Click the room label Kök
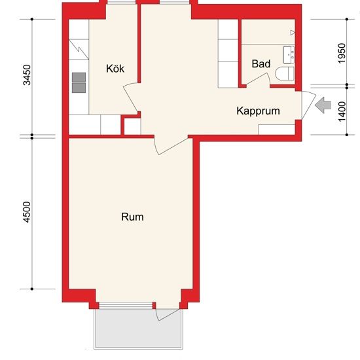[115, 68]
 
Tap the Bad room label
[261, 64]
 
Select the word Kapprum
[258, 111]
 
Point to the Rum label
[132, 217]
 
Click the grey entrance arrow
[323, 105]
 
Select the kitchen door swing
[132, 98]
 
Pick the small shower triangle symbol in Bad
[293, 31]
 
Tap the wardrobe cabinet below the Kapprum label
[276, 128]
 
